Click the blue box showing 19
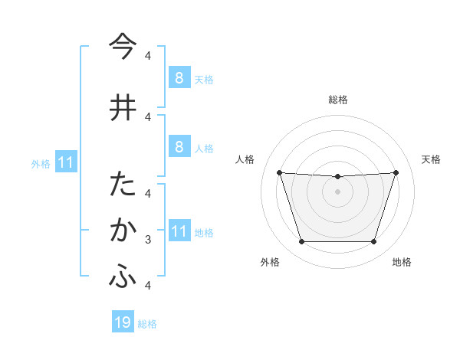[x=123, y=322]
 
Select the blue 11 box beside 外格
[x=65, y=162]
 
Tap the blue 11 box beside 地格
[x=179, y=231]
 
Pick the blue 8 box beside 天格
[x=179, y=77]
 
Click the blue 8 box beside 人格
[x=179, y=146]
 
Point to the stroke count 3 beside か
[x=148, y=240]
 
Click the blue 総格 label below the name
[x=147, y=324]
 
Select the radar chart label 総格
[x=337, y=100]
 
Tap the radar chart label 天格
[x=431, y=159]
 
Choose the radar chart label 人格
[x=245, y=159]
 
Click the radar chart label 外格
[x=269, y=262]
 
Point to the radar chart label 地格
[x=402, y=262]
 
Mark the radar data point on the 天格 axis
[x=396, y=172]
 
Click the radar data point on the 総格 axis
[x=337, y=177]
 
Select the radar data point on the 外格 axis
[x=301, y=242]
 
